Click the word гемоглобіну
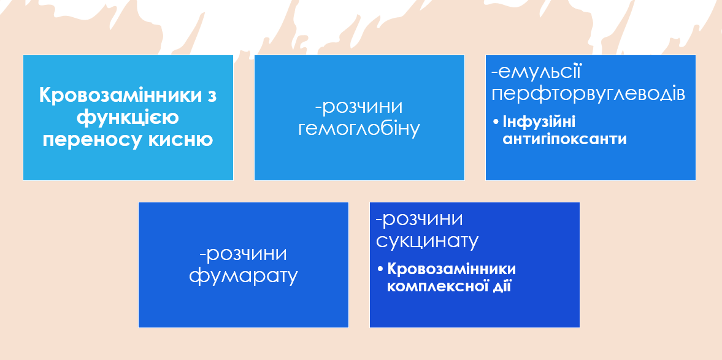[x=359, y=129]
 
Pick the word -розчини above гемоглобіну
[x=359, y=107]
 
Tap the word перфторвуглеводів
[x=588, y=94]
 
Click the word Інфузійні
[x=538, y=121]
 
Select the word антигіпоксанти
[x=564, y=139]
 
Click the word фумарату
[x=243, y=276]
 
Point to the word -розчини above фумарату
[x=243, y=254]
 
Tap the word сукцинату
[x=427, y=240]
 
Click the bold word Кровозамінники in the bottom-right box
[x=452, y=269]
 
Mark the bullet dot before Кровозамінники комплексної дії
[x=380, y=270]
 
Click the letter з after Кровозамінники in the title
[x=212, y=96]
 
